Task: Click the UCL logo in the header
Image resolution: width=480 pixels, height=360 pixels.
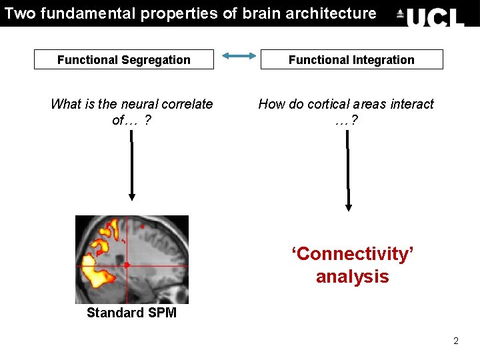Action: point(430,15)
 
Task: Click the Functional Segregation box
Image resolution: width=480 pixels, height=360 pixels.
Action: point(124,59)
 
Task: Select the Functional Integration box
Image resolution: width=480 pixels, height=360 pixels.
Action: point(351,59)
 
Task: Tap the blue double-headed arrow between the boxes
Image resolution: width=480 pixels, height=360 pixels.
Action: point(238,57)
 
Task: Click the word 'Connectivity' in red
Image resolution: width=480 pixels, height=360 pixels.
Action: point(353,254)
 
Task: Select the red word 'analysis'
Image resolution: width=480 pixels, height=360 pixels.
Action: point(353,277)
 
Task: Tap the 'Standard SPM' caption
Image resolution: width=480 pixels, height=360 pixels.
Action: point(131,313)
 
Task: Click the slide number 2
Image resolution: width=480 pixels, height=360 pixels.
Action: point(456,341)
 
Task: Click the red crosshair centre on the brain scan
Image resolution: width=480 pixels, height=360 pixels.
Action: point(127,265)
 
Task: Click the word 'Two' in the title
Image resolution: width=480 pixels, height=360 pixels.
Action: point(19,13)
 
